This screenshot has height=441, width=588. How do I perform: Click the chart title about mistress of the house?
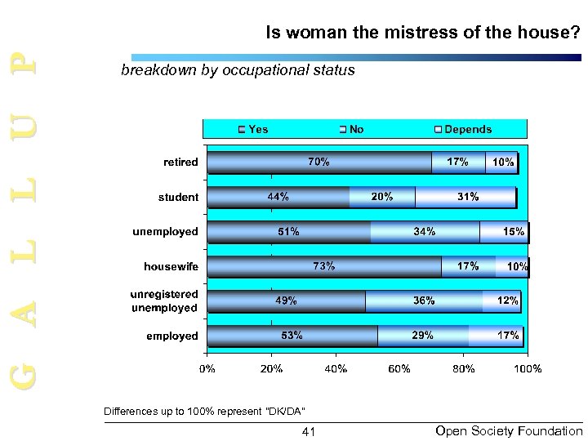[422, 33]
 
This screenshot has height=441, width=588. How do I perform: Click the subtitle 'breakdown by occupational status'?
[238, 70]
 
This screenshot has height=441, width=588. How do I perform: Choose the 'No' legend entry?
[352, 129]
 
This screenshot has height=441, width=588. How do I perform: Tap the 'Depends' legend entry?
[463, 129]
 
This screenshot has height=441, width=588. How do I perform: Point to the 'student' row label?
[178, 197]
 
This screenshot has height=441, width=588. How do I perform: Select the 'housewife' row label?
[171, 266]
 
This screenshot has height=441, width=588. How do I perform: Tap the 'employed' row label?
[171, 336]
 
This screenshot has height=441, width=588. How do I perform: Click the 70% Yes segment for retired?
[318, 162]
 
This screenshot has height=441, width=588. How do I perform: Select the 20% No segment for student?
[381, 197]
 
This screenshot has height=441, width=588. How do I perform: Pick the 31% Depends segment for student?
[465, 197]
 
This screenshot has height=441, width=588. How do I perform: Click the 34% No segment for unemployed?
[425, 232]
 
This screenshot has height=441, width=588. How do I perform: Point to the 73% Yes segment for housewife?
[324, 266]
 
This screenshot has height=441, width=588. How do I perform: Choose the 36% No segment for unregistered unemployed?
[423, 301]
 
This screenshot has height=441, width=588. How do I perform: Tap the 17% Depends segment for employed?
[497, 336]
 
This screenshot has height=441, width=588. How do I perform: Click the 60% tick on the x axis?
[399, 369]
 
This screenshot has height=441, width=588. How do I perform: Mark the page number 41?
[308, 430]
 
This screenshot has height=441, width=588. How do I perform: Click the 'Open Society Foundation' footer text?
[510, 430]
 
